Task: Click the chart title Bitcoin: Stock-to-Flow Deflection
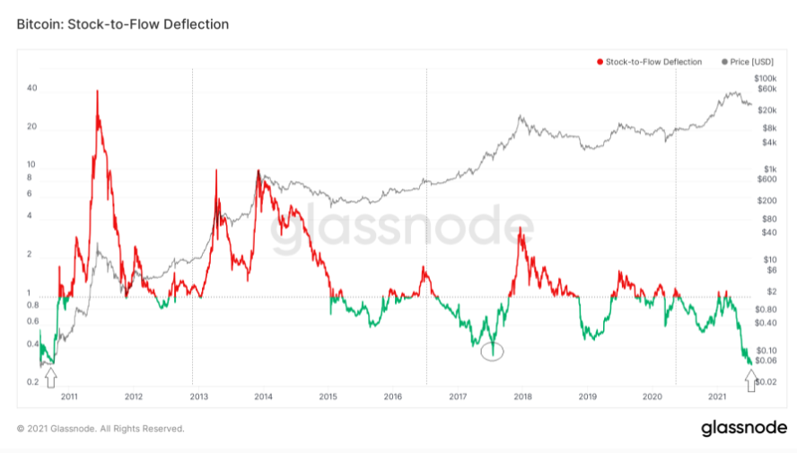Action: [123, 24]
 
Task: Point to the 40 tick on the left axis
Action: [32, 88]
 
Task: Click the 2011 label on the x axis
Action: [69, 396]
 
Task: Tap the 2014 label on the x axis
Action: [263, 396]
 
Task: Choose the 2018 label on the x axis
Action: [522, 396]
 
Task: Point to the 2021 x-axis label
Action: [717, 396]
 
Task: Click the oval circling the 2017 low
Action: [492, 352]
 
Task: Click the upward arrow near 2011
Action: [51, 374]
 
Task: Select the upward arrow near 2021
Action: [750, 374]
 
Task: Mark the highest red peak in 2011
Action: [97, 91]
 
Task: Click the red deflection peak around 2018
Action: [520, 229]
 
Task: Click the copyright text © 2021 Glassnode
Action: [101, 429]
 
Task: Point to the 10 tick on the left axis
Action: [32, 165]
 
